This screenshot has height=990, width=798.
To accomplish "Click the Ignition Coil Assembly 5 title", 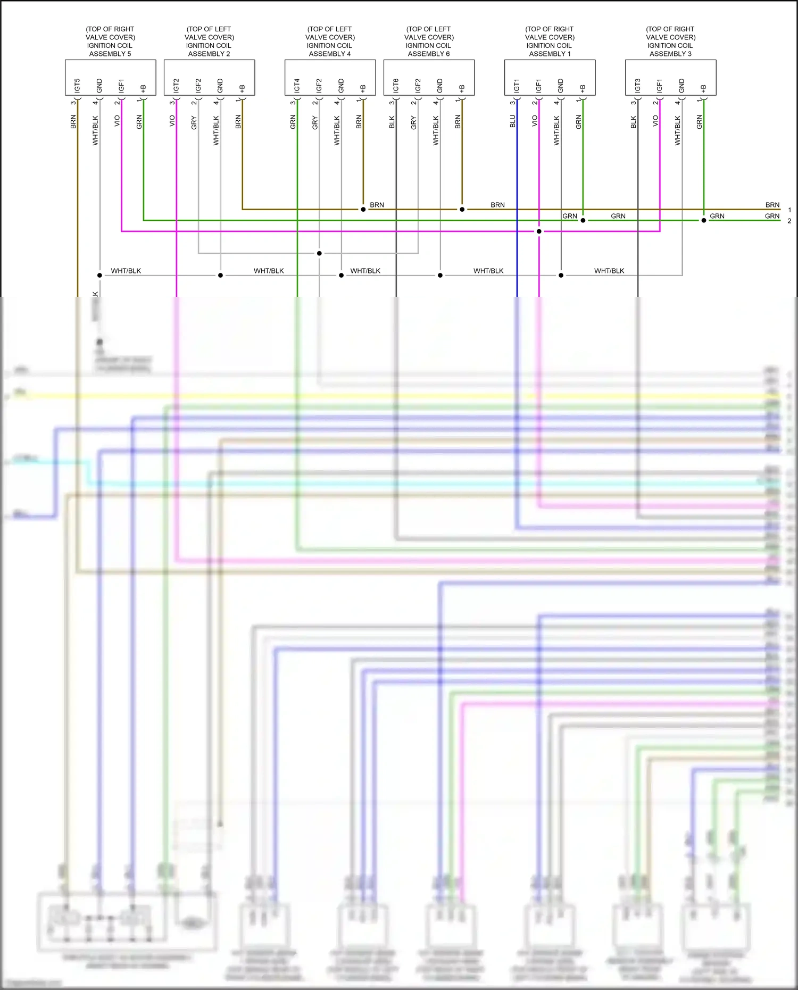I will coord(110,41).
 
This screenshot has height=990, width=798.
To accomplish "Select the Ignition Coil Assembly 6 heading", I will coord(429,41).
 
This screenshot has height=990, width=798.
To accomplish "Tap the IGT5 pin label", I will coord(78,85).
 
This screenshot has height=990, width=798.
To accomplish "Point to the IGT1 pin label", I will coord(517,85).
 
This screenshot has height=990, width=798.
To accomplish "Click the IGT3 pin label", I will coord(638,85).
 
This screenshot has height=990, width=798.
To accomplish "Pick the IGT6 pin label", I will coord(396,85).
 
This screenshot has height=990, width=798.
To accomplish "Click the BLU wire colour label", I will coord(513,121).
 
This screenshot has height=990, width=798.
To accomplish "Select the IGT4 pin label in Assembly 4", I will coord(297,85).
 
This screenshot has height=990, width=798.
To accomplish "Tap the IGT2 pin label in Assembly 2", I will coord(176,85).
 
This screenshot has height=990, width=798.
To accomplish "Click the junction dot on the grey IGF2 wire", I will coord(319,253).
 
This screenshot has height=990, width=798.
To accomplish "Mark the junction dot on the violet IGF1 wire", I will coord(539,231).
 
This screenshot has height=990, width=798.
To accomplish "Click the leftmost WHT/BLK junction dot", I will coord(99,275).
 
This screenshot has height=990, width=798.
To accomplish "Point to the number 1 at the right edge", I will coord(789,210).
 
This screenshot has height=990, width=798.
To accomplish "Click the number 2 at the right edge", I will coord(789,221).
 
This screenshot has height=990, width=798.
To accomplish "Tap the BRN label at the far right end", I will coord(772,205).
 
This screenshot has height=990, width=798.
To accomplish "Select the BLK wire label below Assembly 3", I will coord(634,122).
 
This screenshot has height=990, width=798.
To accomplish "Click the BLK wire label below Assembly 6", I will coord(392,122).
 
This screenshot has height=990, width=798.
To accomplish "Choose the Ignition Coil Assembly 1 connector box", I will coord(550,78).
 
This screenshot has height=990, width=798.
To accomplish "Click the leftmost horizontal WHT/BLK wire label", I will coord(126,271).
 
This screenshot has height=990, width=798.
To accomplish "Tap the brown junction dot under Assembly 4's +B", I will coord(363,210).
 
